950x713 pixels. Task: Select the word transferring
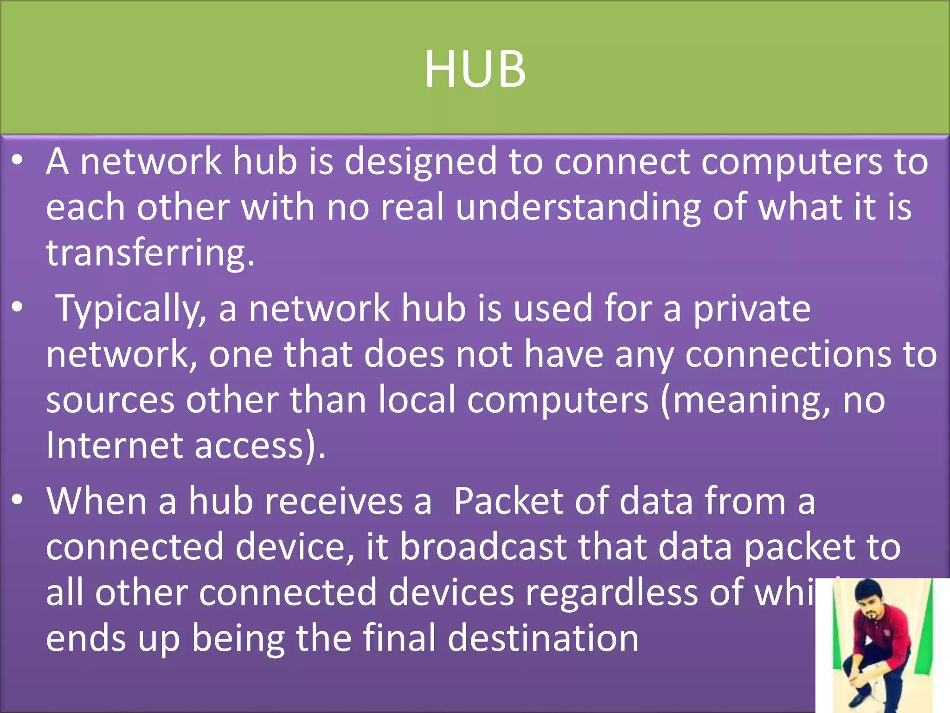pyautogui.click(x=149, y=253)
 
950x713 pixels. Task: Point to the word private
pyautogui.click(x=751, y=308)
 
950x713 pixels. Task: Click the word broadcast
pyautogui.click(x=483, y=547)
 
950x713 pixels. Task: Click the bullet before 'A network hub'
pyautogui.click(x=18, y=160)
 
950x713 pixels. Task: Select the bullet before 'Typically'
pyautogui.click(x=18, y=307)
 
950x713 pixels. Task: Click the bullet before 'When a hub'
pyautogui.click(x=18, y=499)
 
